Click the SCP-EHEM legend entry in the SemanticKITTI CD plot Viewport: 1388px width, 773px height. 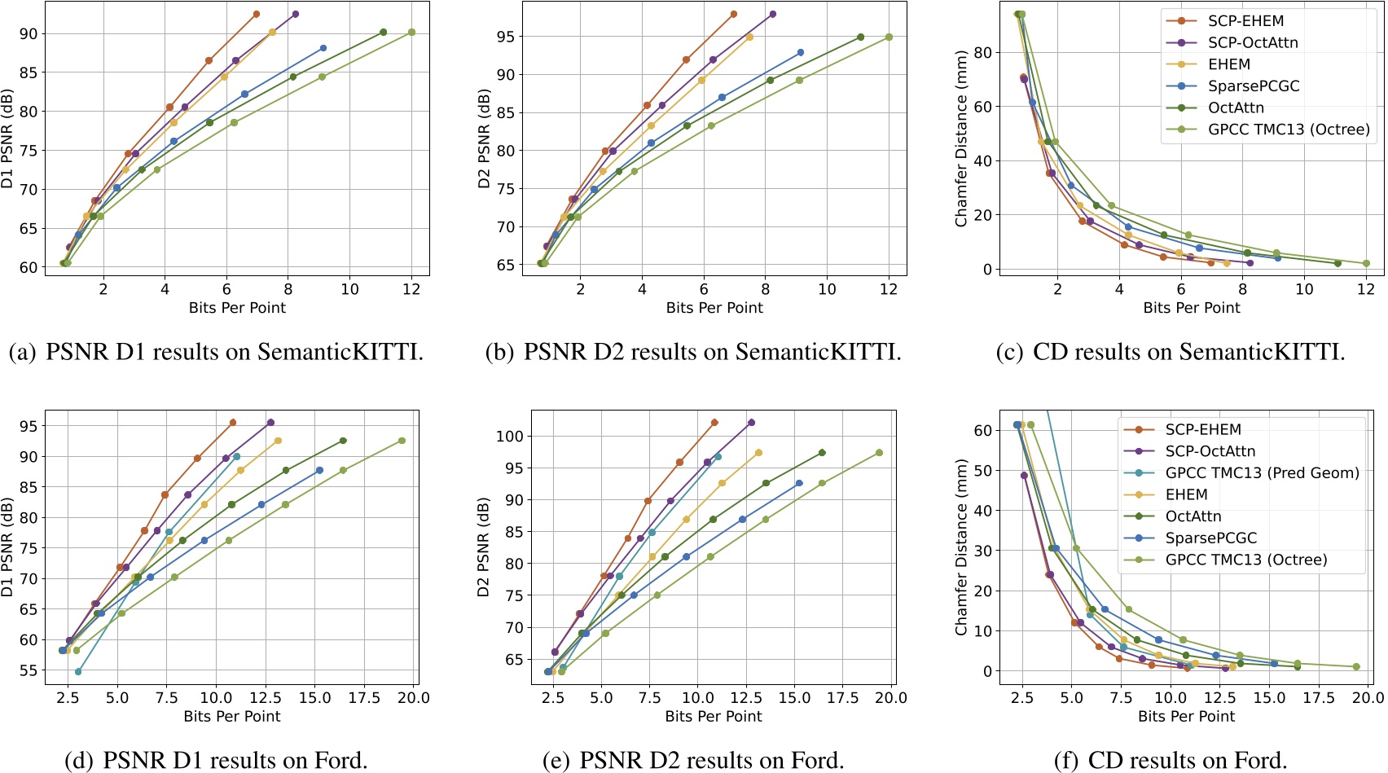point(1245,21)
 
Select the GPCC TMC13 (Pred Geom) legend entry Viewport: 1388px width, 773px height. point(1262,472)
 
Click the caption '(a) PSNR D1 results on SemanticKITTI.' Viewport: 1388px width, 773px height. point(216,352)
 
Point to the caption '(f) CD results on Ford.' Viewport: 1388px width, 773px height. point(1171,760)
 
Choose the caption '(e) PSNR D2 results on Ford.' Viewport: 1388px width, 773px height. point(693,760)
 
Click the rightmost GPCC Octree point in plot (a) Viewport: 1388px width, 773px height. point(411,33)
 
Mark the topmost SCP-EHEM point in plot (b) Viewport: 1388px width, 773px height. point(734,15)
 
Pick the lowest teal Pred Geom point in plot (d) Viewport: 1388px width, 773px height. point(78,672)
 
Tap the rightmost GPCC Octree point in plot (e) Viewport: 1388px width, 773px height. point(879,453)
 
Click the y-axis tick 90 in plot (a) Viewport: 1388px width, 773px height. point(29,33)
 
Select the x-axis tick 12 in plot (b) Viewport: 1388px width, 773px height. point(889,289)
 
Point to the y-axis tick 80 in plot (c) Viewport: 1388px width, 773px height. point(983,52)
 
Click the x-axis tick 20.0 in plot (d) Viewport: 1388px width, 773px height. point(414,697)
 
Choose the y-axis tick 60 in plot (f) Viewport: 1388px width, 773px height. point(983,430)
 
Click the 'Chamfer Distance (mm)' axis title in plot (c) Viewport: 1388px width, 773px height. point(961,138)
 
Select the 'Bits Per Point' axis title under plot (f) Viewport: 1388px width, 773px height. point(1186,716)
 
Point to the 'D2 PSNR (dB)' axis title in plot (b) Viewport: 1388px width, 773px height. point(484,138)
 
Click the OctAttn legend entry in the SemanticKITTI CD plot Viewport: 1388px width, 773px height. point(1236,108)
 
